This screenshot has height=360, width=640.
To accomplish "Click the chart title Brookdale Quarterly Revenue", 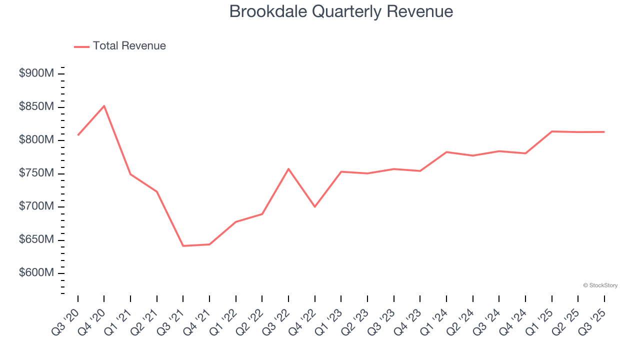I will tap(341, 11).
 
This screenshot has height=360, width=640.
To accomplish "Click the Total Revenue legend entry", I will tap(120, 46).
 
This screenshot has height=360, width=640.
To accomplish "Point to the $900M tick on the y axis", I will tap(36, 74).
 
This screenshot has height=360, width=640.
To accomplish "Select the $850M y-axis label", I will tap(36, 107).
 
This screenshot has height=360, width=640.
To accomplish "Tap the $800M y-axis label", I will tap(36, 140).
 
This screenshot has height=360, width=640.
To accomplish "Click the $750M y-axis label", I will tap(36, 173).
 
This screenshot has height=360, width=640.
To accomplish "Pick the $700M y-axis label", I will tap(36, 206).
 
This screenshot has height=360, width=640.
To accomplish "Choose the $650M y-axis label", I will tap(36, 240).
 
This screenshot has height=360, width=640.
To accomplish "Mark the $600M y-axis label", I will tap(36, 273).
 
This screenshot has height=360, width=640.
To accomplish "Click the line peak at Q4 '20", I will tap(104, 106).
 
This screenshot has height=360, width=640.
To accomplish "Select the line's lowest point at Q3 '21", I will tap(183, 246).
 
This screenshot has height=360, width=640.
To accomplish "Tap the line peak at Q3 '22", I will tap(288, 168).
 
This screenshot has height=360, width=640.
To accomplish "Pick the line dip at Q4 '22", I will tap(315, 206).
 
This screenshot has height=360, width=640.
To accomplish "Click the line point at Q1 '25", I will tap(551, 131).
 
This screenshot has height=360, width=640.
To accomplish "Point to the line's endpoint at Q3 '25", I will tap(604, 132).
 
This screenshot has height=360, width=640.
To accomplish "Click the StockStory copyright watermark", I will tap(600, 285).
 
